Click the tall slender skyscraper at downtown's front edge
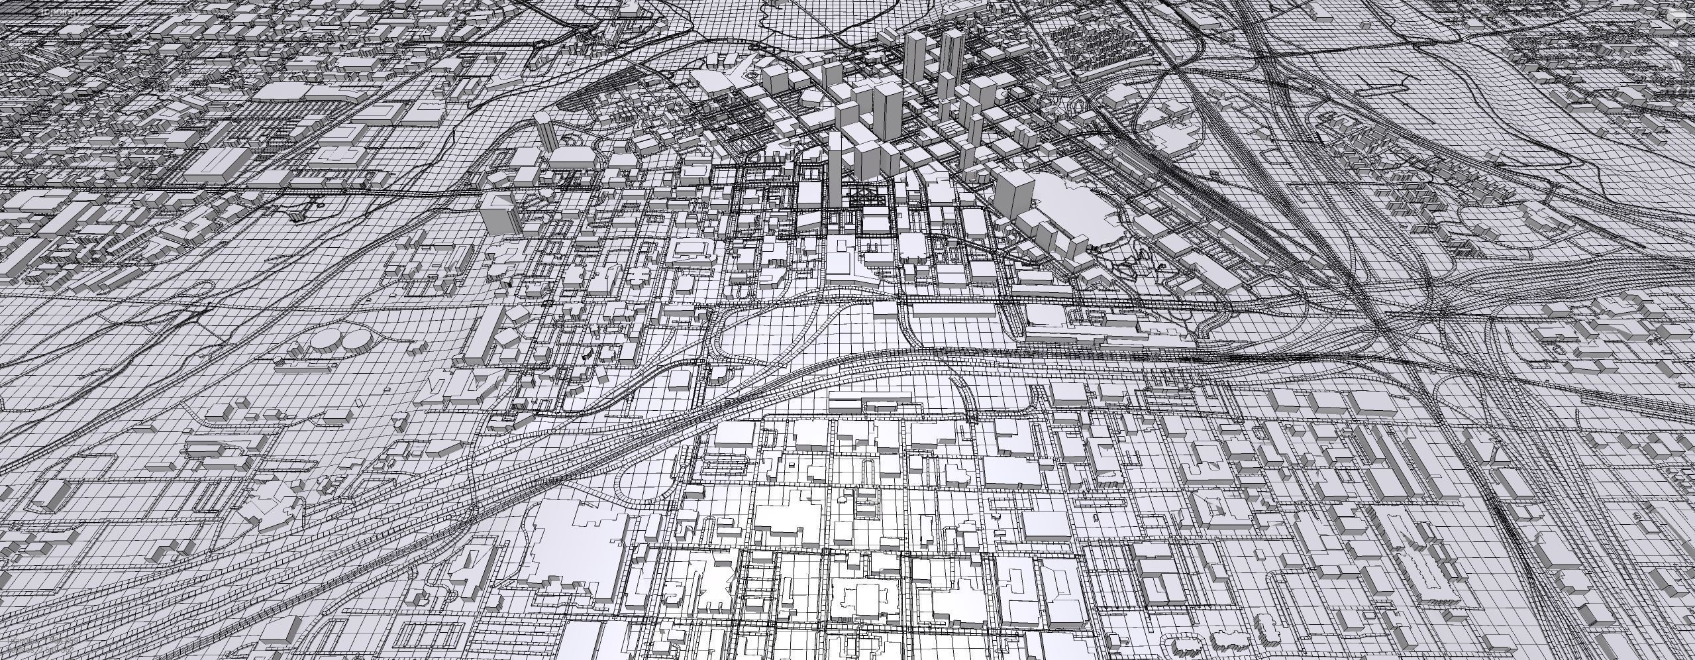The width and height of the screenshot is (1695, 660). tap(835, 169)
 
